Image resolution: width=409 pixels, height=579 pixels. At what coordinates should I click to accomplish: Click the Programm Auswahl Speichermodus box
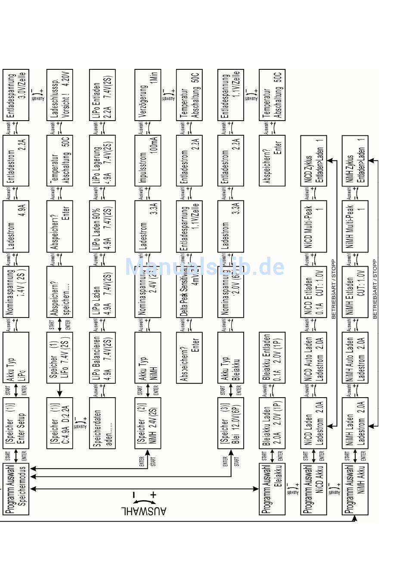pos(16,489)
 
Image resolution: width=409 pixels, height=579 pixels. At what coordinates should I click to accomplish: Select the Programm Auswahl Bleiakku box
pos(272,489)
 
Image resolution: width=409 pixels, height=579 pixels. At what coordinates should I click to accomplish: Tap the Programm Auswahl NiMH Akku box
pos(355,489)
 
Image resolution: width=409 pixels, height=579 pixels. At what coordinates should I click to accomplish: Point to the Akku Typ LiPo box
pos(16,357)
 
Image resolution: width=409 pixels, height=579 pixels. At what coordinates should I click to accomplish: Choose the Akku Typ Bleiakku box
pos(230,357)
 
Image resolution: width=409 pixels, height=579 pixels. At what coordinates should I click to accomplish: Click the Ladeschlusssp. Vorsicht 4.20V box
pos(59,95)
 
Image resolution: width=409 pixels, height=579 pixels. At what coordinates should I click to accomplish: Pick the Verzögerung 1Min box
pos(147,95)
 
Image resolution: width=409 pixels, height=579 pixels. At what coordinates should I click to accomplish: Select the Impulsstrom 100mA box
pos(147,160)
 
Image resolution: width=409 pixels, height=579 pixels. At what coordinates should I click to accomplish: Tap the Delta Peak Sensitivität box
pos(189,292)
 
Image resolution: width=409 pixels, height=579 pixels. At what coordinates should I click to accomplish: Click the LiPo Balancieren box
pos(102,357)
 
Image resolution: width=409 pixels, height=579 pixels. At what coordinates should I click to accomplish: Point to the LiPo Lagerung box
pos(102,160)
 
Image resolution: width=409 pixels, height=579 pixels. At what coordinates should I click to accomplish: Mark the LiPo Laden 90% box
pos(102,226)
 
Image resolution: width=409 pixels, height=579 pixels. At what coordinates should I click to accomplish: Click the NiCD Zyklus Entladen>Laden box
pos(313,160)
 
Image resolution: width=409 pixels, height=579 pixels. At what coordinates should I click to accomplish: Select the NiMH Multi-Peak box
pos(355,226)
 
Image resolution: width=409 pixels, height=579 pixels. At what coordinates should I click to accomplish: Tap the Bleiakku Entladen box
pos(272,357)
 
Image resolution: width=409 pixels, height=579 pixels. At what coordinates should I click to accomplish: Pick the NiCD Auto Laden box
pos(313,357)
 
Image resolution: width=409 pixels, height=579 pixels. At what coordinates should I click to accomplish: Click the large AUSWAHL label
pos(144,511)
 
